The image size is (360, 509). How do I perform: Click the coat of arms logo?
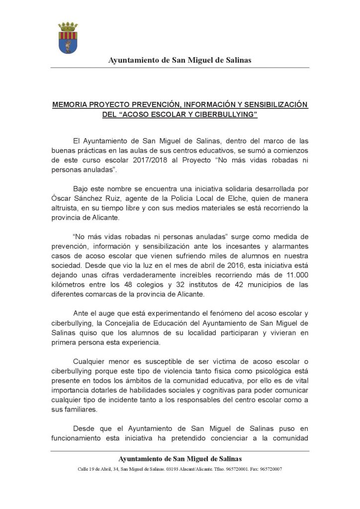[68, 38]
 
